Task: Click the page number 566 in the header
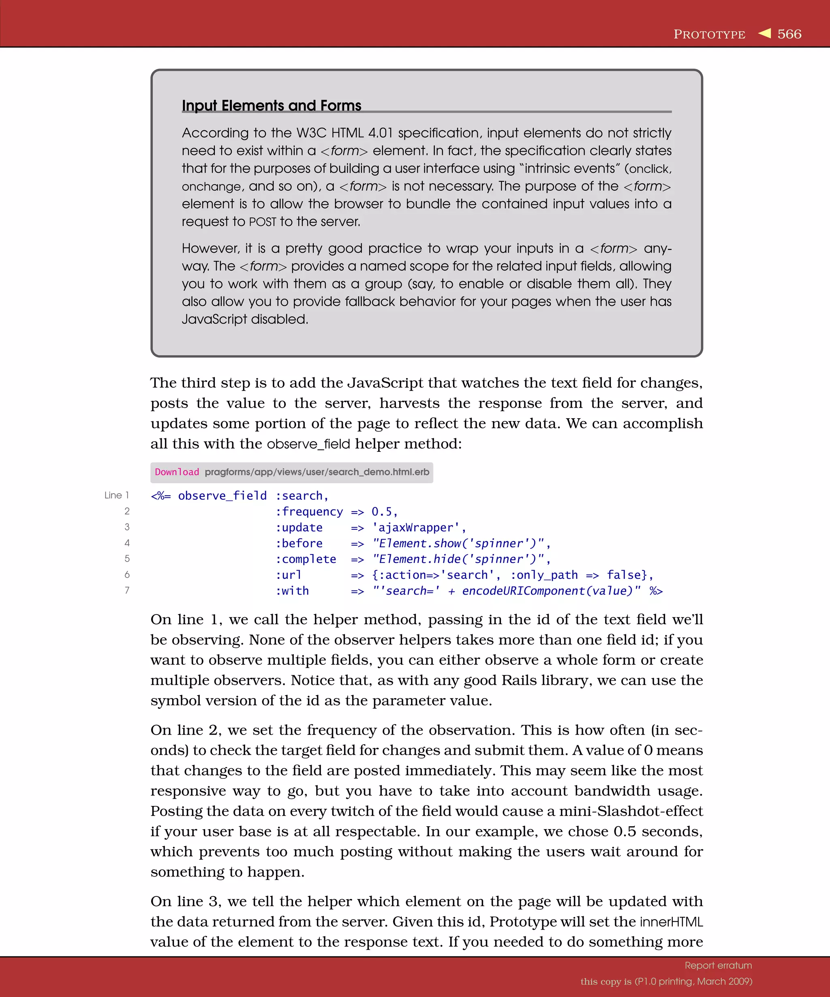(789, 34)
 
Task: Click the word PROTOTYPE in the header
(709, 34)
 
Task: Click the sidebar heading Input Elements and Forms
(271, 105)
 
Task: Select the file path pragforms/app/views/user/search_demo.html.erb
(317, 472)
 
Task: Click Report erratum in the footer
(718, 965)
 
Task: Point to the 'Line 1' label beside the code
(117, 495)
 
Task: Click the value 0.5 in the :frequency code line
(382, 512)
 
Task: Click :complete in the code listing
(306, 559)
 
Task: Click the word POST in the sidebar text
(262, 222)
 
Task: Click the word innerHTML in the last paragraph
(671, 922)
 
